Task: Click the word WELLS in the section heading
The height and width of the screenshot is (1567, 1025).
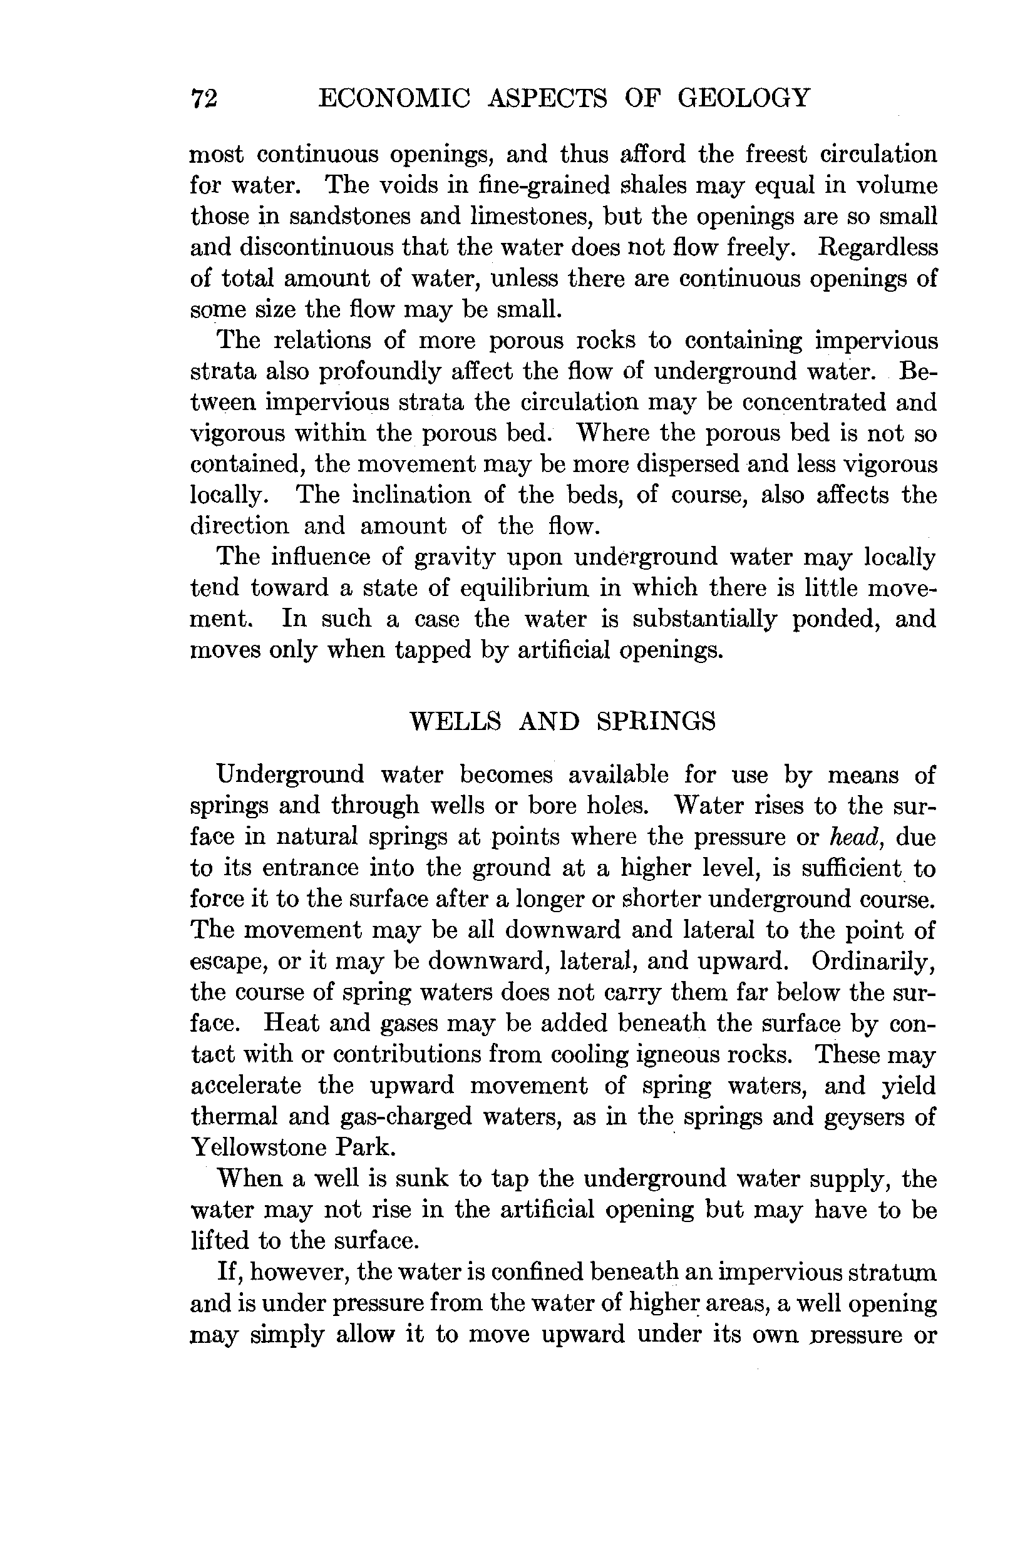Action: [455, 722]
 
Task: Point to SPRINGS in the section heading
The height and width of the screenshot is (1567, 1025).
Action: [656, 722]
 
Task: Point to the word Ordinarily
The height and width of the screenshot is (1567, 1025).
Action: [873, 961]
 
